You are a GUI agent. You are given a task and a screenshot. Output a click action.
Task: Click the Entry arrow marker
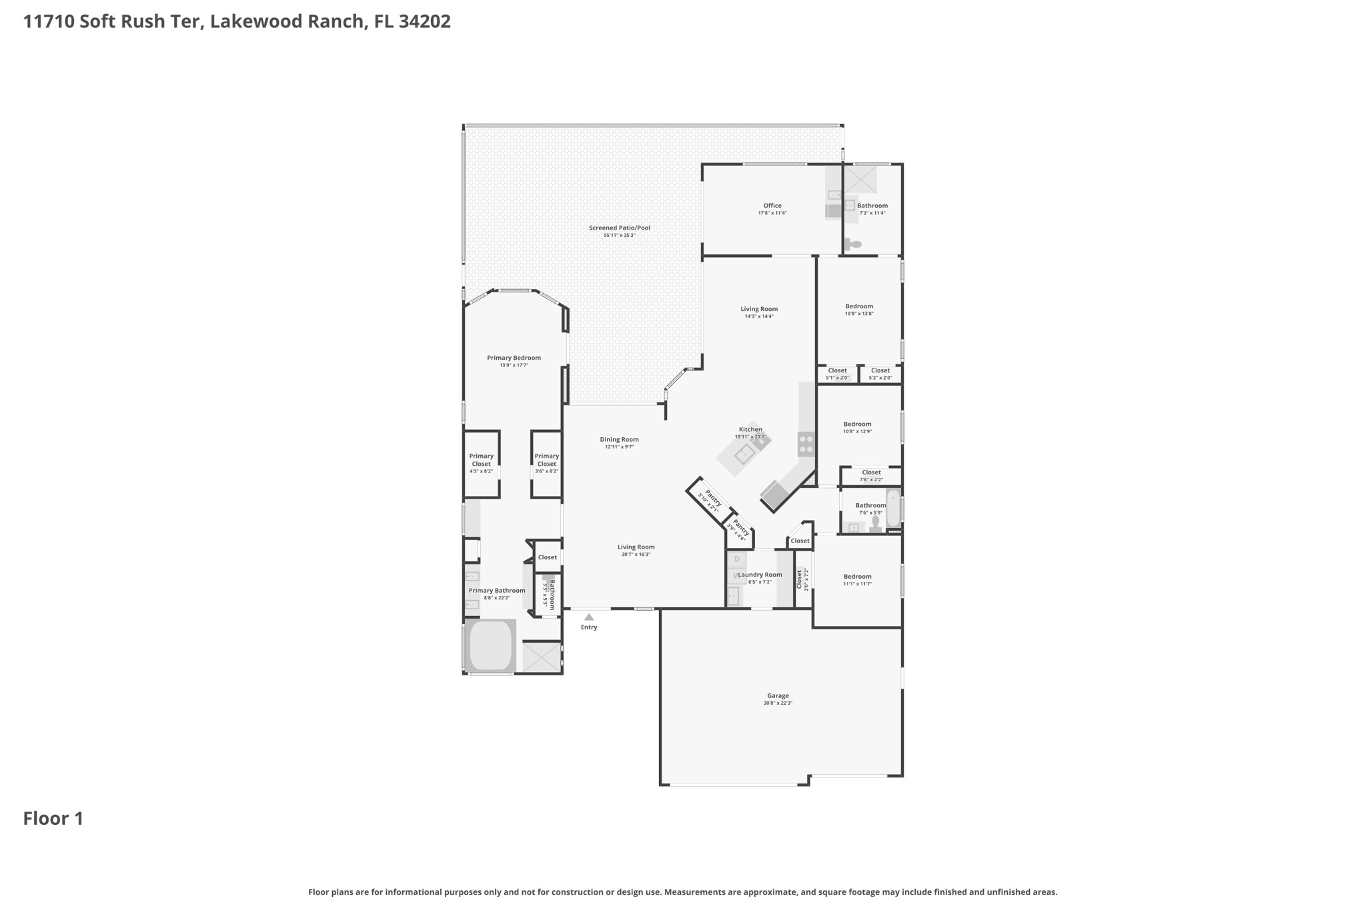click(589, 617)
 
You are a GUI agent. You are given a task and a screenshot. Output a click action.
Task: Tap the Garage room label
click(778, 695)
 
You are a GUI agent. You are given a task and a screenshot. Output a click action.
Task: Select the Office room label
click(772, 206)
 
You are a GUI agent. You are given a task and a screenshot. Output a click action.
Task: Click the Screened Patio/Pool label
click(619, 228)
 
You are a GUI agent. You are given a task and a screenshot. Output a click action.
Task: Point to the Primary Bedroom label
click(514, 358)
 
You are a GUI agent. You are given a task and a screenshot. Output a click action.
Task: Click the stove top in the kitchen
click(806, 444)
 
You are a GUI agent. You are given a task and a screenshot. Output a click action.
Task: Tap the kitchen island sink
click(744, 454)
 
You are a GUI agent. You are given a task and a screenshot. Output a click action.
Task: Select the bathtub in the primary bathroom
click(490, 645)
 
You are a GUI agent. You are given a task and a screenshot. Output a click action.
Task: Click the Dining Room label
click(619, 439)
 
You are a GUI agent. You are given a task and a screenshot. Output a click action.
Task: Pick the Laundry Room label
click(760, 575)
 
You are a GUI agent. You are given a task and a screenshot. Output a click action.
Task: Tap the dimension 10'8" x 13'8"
click(859, 314)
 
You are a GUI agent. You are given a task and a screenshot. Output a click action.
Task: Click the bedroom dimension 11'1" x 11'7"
click(857, 584)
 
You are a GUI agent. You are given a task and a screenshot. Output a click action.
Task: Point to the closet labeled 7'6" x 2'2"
click(871, 475)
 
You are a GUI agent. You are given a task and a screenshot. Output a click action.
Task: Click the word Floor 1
click(53, 819)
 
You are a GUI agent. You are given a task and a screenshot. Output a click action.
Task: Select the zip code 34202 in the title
click(425, 21)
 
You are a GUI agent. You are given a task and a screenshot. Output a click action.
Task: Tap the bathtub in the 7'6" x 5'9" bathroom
click(893, 509)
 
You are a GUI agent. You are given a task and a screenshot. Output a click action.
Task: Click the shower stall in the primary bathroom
click(542, 657)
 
